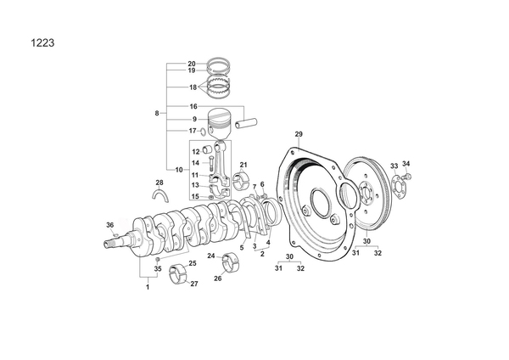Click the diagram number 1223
click(42, 43)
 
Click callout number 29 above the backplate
click(299, 134)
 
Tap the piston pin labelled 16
click(246, 123)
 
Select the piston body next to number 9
click(219, 124)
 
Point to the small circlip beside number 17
click(202, 132)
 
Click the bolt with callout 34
click(406, 176)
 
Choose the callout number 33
click(394, 166)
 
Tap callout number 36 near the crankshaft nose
click(110, 225)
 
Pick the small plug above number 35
click(158, 259)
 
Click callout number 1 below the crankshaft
click(148, 287)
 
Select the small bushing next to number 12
click(207, 149)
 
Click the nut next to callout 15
click(211, 197)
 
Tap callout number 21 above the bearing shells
click(243, 165)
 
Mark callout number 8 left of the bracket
click(157, 114)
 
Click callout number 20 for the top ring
click(192, 64)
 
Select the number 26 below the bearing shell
click(218, 278)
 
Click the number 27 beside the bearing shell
click(193, 284)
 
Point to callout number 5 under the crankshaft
click(242, 248)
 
